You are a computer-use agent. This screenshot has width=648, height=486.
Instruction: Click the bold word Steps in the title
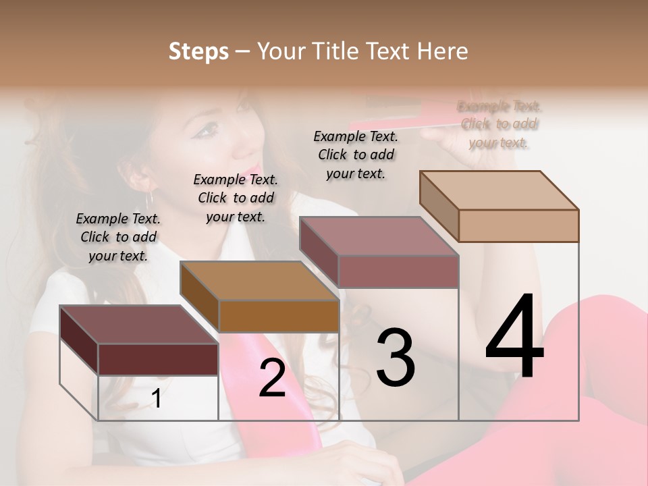coord(198,51)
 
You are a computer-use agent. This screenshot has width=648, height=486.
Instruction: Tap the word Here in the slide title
coord(442,51)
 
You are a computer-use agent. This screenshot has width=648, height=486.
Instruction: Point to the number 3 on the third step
coord(396,357)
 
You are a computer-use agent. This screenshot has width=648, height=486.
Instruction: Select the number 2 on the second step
coord(272,379)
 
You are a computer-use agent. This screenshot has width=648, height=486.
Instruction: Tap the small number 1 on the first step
coord(157,398)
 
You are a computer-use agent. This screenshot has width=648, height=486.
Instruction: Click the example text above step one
coord(118,237)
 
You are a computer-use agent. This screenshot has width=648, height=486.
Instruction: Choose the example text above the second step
coord(236,198)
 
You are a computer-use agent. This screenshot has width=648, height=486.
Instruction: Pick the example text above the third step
coord(356,155)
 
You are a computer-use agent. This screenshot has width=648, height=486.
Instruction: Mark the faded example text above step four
coord(500,124)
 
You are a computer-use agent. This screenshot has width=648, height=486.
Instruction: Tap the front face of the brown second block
coord(279,316)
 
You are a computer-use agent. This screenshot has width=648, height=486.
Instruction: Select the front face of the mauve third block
coord(398,271)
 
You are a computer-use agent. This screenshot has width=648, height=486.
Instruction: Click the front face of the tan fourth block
coord(518,225)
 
